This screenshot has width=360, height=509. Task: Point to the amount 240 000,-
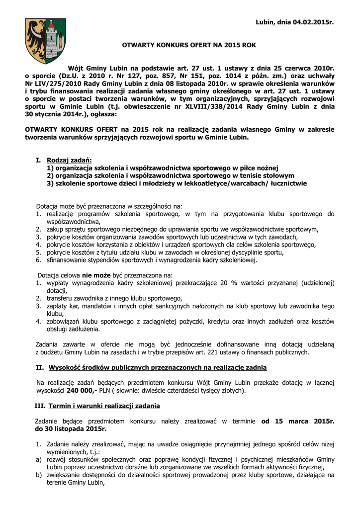click(x=77, y=391)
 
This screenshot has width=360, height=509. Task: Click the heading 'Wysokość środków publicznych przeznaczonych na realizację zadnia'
click(x=158, y=368)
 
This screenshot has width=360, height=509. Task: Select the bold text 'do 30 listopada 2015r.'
click(x=71, y=428)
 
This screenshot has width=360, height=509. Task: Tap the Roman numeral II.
click(x=40, y=368)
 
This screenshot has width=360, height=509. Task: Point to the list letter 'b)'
click(x=39, y=475)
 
